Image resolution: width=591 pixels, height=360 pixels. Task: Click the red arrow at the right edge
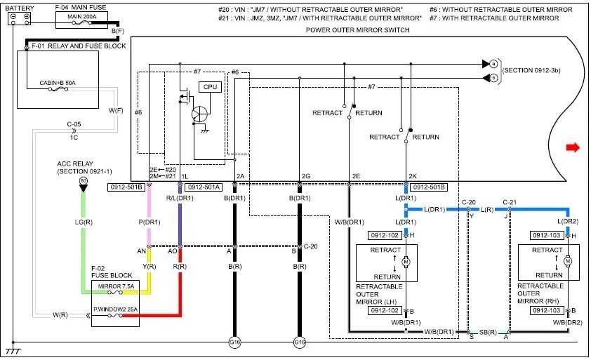pyautogui.click(x=573, y=147)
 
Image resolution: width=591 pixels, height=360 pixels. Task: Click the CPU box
pyautogui.click(x=210, y=87)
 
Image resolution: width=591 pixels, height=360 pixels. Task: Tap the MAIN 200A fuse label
pyautogui.click(x=82, y=17)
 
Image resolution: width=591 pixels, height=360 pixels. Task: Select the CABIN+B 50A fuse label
pyautogui.click(x=58, y=83)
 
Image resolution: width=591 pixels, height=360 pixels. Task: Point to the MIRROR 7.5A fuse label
pyautogui.click(x=116, y=286)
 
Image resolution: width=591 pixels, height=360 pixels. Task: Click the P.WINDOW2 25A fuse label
pyautogui.click(x=116, y=309)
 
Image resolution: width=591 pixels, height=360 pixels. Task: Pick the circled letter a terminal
pyautogui.click(x=493, y=64)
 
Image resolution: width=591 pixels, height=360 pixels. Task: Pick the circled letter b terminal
pyautogui.click(x=493, y=78)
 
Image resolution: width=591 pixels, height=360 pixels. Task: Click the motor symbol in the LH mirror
pyautogui.click(x=406, y=262)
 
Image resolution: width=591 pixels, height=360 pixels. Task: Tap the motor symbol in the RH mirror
pyautogui.click(x=568, y=261)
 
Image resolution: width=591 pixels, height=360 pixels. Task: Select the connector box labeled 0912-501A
pyautogui.click(x=204, y=187)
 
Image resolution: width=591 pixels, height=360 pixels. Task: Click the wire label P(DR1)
pyautogui.click(x=150, y=222)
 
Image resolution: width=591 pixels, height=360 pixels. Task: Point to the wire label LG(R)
pyautogui.click(x=84, y=222)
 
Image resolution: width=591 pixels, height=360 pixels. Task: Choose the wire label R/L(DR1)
pyautogui.click(x=180, y=199)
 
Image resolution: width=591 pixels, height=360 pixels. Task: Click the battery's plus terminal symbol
pyautogui.click(x=27, y=16)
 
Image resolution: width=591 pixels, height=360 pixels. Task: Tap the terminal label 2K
pyautogui.click(x=413, y=176)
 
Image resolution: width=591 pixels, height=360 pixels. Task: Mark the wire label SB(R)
pyautogui.click(x=488, y=333)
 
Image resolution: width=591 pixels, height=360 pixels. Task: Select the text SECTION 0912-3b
pyautogui.click(x=531, y=70)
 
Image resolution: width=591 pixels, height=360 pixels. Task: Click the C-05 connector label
pyautogui.click(x=74, y=124)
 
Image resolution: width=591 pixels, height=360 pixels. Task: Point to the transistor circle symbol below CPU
pyautogui.click(x=199, y=114)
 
